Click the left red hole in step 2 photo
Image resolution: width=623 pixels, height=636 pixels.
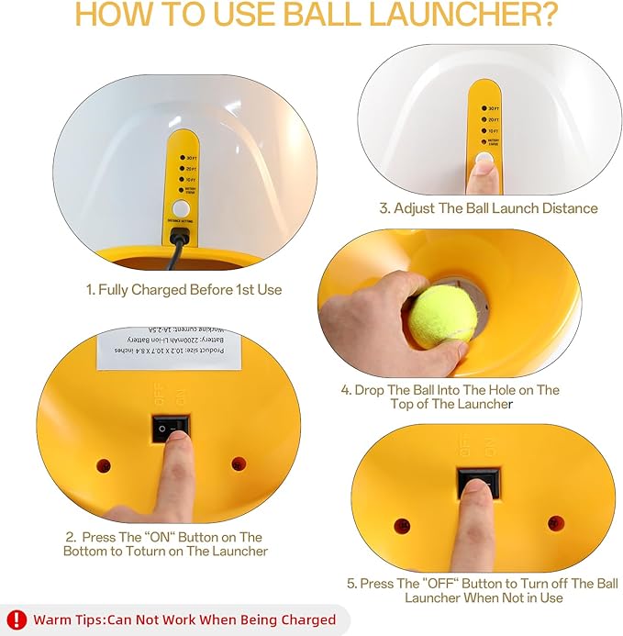click(104, 464)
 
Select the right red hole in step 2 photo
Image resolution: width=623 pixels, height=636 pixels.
click(239, 463)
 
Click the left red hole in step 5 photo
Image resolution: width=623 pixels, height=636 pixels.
click(401, 526)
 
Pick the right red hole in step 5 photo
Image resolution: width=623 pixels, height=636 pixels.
click(554, 523)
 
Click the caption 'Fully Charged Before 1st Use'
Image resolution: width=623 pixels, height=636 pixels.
click(184, 289)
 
